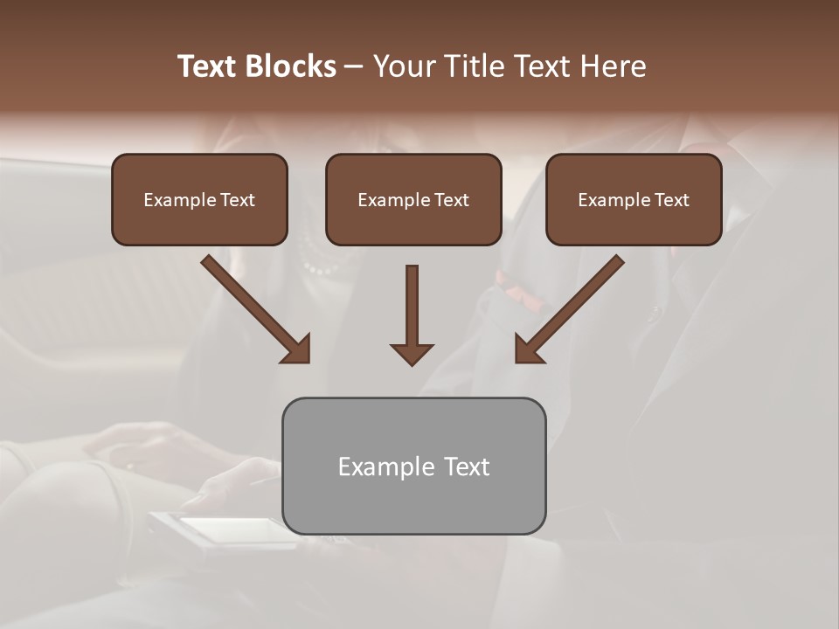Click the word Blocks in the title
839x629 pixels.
pyautogui.click(x=294, y=66)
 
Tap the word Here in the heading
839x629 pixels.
pyautogui.click(x=613, y=66)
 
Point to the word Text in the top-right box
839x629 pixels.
pyautogui.click(x=671, y=200)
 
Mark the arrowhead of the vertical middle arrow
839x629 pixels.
pyautogui.click(x=412, y=353)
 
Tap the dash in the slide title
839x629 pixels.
pyautogui.click(x=354, y=67)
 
